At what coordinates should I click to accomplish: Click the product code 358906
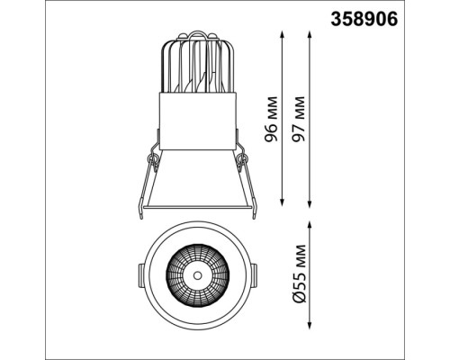click(364, 19)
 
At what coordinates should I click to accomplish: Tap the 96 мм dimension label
click(272, 119)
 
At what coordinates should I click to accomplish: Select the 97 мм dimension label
click(299, 119)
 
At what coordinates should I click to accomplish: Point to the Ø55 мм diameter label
click(299, 274)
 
